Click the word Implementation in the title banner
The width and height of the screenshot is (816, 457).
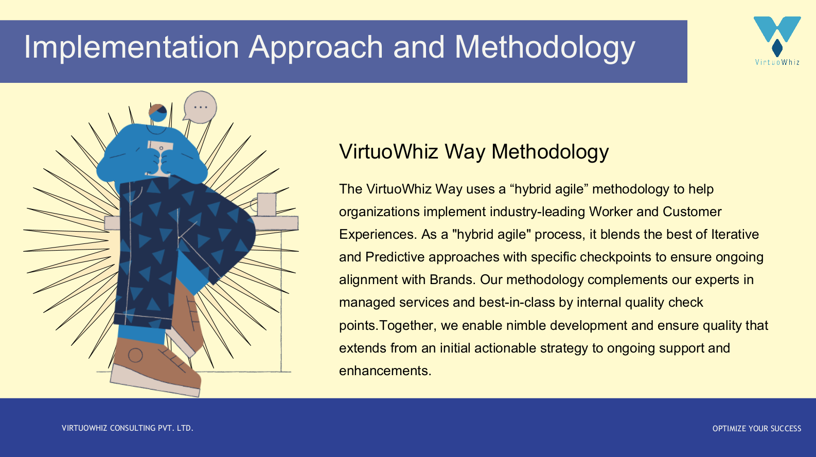point(132,47)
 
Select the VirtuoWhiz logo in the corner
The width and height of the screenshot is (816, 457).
point(777,41)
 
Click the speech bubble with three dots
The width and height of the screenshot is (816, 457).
point(200,107)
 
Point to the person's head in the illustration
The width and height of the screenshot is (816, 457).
point(158,113)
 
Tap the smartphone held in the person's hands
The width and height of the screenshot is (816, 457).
point(159,158)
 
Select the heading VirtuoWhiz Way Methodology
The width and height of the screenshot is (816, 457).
point(474,152)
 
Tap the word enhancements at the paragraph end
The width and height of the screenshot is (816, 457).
point(385,371)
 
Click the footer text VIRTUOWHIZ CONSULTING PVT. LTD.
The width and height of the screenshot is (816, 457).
point(128,428)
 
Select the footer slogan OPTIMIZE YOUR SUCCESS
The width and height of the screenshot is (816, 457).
point(757,428)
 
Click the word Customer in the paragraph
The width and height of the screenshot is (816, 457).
point(692,212)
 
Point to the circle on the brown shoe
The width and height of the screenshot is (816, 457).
point(135,355)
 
